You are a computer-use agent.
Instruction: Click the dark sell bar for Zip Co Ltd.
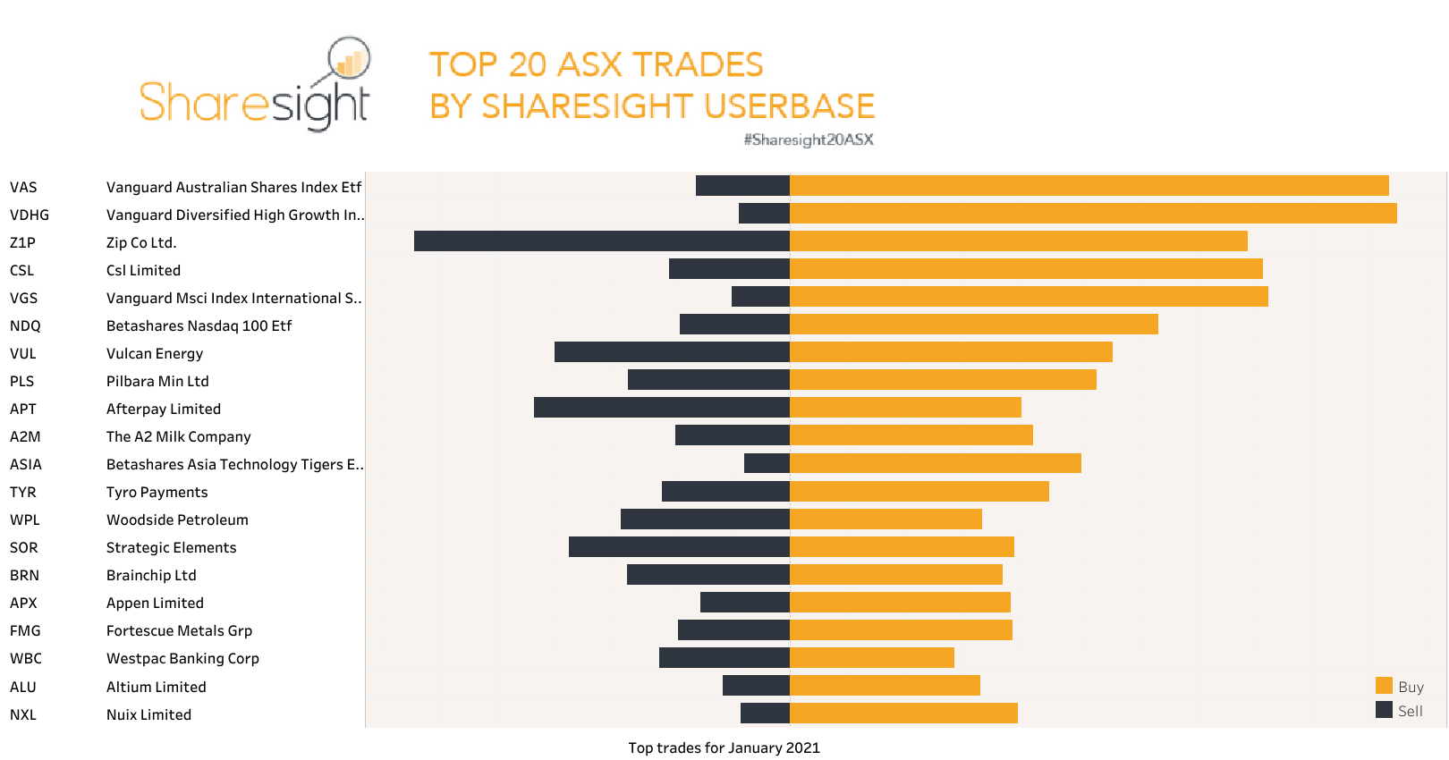pyautogui.click(x=601, y=241)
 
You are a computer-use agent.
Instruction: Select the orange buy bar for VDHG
pyautogui.click(x=1093, y=214)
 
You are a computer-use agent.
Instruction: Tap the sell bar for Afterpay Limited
pyautogui.click(x=661, y=408)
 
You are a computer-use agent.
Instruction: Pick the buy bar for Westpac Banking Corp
pyautogui.click(x=872, y=658)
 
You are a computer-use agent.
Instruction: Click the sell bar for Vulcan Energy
pyautogui.click(x=672, y=352)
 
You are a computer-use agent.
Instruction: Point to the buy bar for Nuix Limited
pyautogui.click(x=903, y=714)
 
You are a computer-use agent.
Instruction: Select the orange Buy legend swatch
pyautogui.click(x=1384, y=686)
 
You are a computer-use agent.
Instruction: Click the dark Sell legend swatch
pyautogui.click(x=1384, y=710)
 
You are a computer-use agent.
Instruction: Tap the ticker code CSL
pyautogui.click(x=22, y=270)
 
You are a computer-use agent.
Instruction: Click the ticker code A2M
pyautogui.click(x=25, y=436)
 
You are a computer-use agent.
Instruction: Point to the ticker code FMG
pyautogui.click(x=25, y=630)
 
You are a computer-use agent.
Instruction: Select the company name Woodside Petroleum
pyautogui.click(x=177, y=519)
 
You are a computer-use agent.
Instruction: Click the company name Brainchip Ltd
pyautogui.click(x=151, y=575)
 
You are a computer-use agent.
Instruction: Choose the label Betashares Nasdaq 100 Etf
pyautogui.click(x=199, y=325)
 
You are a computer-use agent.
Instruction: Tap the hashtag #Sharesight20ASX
pyautogui.click(x=809, y=139)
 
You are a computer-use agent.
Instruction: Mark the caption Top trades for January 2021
pyautogui.click(x=724, y=747)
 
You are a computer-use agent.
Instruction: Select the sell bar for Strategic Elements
pyautogui.click(x=679, y=546)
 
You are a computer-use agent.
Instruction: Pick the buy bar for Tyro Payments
pyautogui.click(x=919, y=491)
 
